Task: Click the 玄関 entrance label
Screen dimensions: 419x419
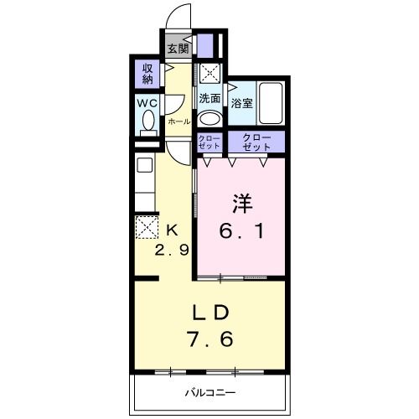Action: pos(177,49)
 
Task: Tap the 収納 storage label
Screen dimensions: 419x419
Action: pos(147,74)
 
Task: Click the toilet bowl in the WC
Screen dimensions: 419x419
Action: pos(149,123)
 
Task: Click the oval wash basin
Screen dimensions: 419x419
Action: pos(209,117)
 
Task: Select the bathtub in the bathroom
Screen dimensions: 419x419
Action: pos(271,103)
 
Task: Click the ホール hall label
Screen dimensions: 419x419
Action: pos(178,122)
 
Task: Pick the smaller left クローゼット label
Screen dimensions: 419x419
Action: pos(209,141)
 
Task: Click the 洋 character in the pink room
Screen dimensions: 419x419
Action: pos(242,202)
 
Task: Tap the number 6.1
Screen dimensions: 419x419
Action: pos(242,230)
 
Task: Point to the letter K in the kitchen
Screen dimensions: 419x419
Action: pos(172,229)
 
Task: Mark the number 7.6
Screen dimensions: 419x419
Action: pos(211,341)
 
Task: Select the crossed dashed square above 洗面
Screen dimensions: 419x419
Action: pos(209,73)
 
